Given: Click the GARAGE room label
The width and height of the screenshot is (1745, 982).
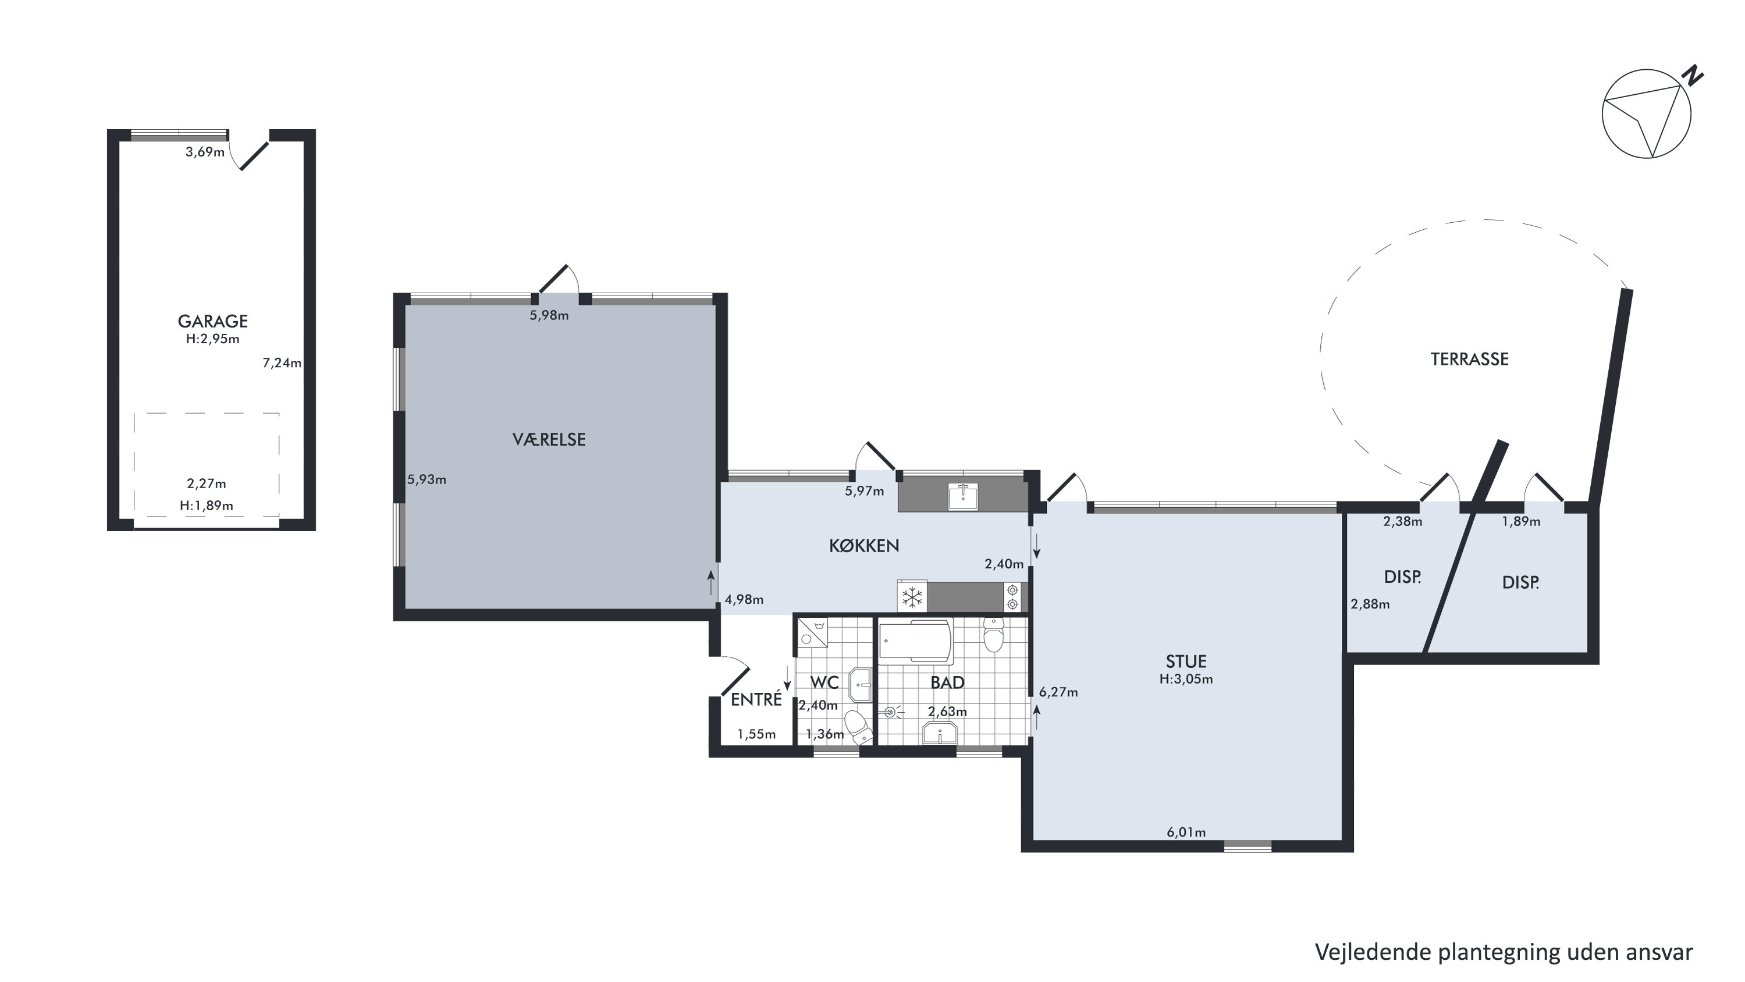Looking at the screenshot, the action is pyautogui.click(x=213, y=321).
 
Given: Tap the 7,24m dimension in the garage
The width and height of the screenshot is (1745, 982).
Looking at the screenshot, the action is pyautogui.click(x=282, y=363).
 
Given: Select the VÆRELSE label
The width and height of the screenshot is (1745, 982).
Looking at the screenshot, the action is pyautogui.click(x=549, y=440).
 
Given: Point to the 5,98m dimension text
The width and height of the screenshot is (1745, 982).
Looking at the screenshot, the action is pyautogui.click(x=549, y=315).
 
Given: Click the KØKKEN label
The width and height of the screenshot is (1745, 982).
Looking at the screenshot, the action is pyautogui.click(x=863, y=546).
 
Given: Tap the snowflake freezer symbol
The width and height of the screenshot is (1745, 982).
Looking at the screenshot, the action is pyautogui.click(x=912, y=597).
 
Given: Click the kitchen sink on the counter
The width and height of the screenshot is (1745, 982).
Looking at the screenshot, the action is pyautogui.click(x=962, y=496).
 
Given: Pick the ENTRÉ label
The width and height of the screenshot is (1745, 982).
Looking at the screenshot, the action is pyautogui.click(x=756, y=700).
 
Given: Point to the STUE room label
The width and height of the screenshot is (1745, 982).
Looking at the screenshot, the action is pyautogui.click(x=1186, y=661).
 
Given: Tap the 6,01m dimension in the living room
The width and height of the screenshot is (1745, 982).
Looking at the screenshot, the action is pyautogui.click(x=1186, y=832).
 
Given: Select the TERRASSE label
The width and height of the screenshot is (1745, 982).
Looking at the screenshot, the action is pyautogui.click(x=1469, y=360).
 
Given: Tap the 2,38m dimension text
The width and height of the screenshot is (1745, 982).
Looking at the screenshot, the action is pyautogui.click(x=1402, y=521).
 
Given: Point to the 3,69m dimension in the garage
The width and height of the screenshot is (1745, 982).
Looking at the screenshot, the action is pyautogui.click(x=205, y=152).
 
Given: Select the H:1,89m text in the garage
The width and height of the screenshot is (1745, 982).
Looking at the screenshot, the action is pyautogui.click(x=207, y=506).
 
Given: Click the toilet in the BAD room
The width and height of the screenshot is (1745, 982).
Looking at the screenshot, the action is pyautogui.click(x=993, y=635).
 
